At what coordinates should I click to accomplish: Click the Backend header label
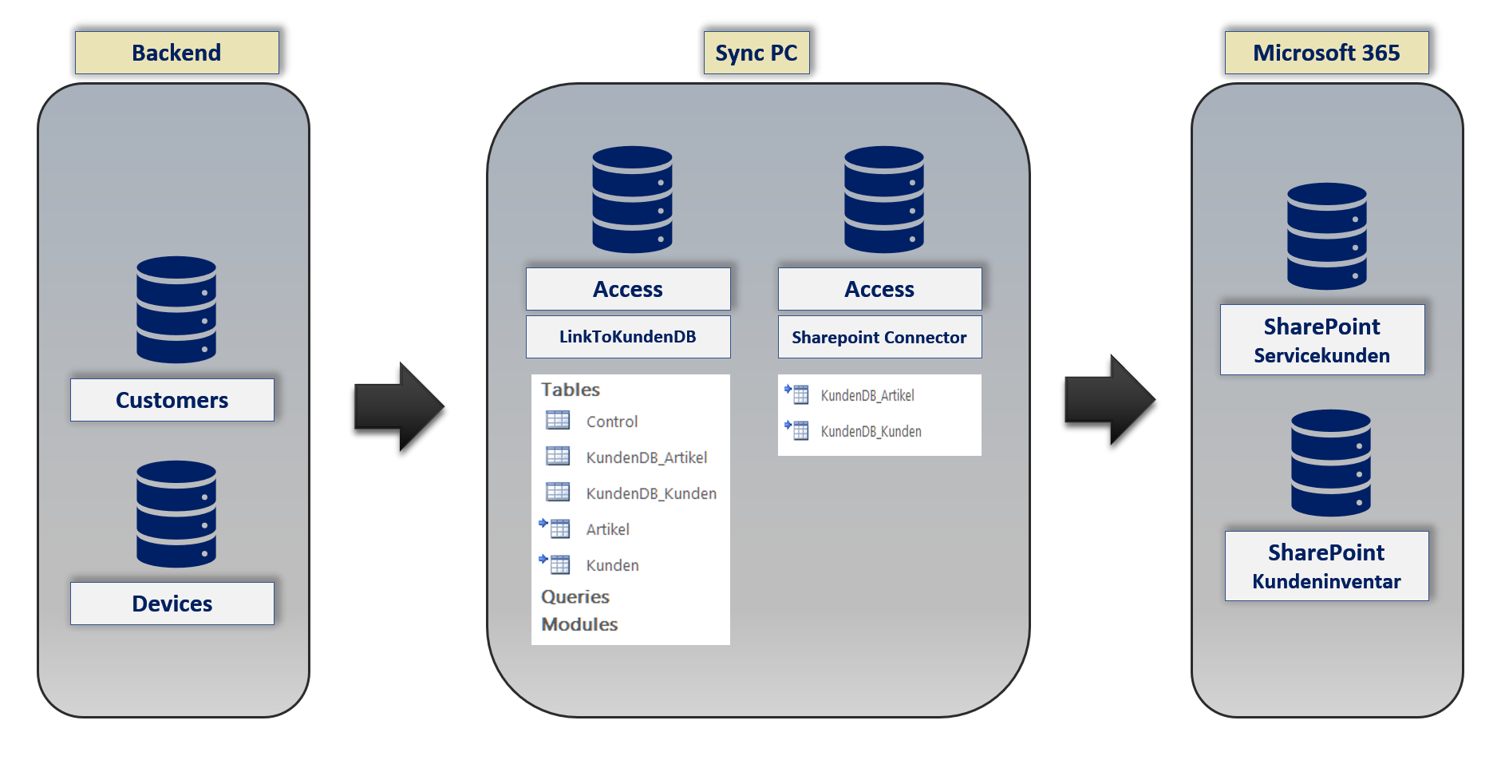click(176, 53)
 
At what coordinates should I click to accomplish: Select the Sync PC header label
click(756, 53)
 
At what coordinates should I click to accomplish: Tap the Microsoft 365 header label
click(1325, 53)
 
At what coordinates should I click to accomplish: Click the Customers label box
click(172, 400)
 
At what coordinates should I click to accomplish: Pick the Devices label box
click(172, 604)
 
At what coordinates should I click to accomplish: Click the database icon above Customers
click(176, 310)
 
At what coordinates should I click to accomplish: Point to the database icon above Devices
click(176, 514)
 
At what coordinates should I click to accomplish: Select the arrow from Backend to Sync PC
click(398, 407)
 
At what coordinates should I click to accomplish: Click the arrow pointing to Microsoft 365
click(1109, 400)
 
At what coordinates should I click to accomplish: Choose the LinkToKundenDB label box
click(628, 337)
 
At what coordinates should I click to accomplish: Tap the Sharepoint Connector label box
click(879, 338)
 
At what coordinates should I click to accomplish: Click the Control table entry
click(611, 422)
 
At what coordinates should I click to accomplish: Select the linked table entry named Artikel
click(607, 529)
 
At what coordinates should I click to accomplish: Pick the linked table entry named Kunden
click(612, 565)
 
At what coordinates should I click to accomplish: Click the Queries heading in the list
click(575, 596)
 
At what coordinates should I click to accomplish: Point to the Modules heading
click(579, 624)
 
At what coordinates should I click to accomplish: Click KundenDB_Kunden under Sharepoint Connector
click(871, 431)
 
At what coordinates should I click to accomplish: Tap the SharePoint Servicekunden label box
click(1322, 340)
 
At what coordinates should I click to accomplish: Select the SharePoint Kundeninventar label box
click(1326, 566)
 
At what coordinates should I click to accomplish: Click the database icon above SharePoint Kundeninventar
click(1331, 463)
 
